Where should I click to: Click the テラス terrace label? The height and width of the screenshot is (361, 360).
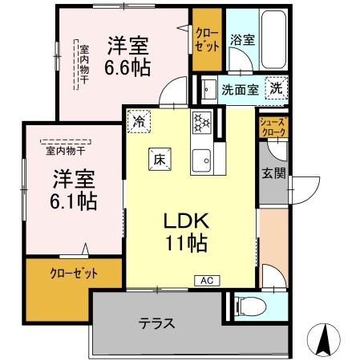point(157,324)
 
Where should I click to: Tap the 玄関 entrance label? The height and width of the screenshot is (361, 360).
point(270,174)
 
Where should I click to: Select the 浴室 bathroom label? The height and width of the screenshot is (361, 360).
point(243,39)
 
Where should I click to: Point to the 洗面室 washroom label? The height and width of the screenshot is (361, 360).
point(240,88)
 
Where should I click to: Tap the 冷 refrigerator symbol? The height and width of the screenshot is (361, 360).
point(140,121)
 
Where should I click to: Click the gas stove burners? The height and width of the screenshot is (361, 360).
point(200,122)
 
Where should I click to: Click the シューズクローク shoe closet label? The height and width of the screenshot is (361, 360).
point(270,125)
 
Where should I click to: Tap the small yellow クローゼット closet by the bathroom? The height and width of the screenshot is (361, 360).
point(206,38)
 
